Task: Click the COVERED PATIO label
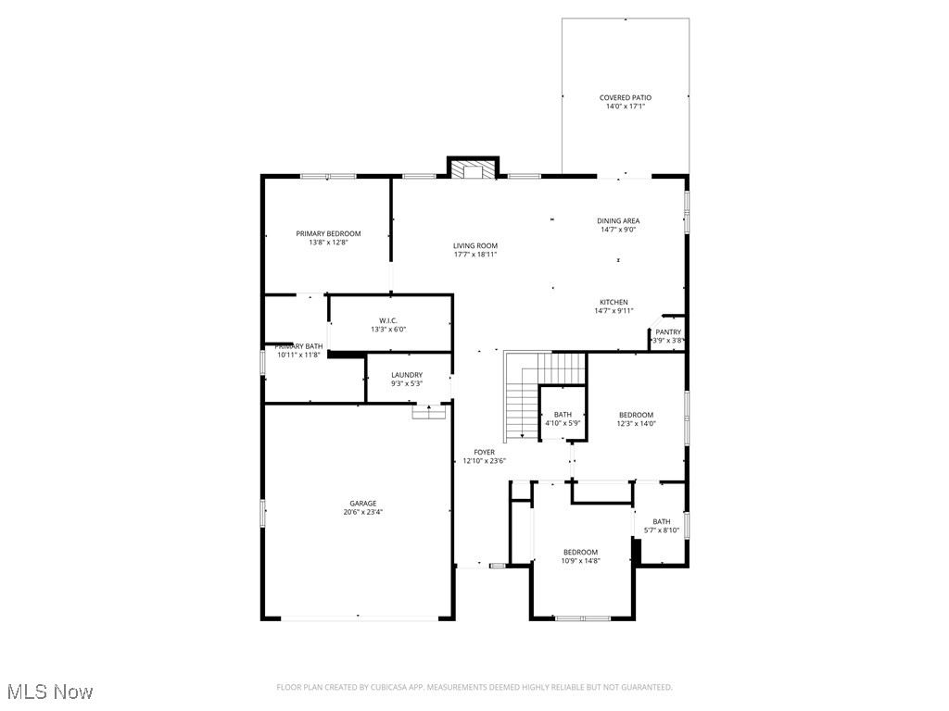coord(625,97)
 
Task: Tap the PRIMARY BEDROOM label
coord(328,233)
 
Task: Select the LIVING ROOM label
coord(474,245)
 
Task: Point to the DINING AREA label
coord(617,220)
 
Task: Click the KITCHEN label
coord(614,302)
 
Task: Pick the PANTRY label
coord(668,331)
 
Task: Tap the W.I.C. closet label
coord(388,320)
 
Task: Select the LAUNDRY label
coord(406,374)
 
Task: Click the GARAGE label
coord(362,504)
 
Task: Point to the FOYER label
coord(484,452)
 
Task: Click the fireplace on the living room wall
coord(474,168)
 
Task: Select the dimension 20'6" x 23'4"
coord(362,512)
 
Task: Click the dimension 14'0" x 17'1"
coord(625,106)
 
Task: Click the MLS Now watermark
coord(50,692)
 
